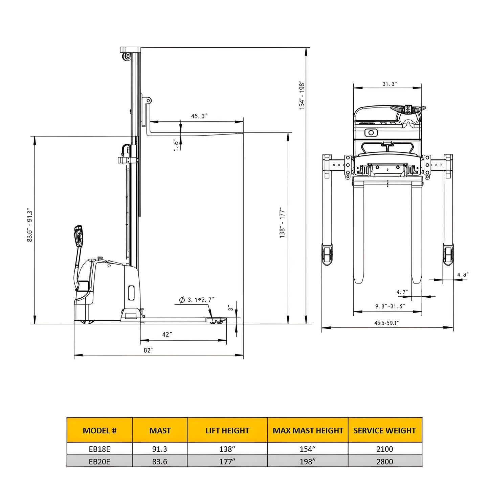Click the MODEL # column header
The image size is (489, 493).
tap(99, 430)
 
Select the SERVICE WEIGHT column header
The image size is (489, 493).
tap(385, 430)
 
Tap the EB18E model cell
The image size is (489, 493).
tap(99, 449)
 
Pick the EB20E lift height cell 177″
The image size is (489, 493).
tap(227, 462)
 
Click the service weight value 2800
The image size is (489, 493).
tap(385, 462)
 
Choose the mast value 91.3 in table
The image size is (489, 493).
tap(160, 449)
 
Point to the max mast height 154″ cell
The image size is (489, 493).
tap(308, 449)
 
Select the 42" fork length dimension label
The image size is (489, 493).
tap(167, 335)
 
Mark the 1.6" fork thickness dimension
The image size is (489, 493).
tap(176, 144)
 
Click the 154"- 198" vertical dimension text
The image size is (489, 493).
tap(302, 95)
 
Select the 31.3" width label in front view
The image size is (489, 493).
tap(390, 84)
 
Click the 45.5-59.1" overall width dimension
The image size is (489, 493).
tap(386, 323)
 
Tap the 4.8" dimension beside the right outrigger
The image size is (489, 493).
tap(463, 275)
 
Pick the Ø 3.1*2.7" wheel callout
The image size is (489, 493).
tap(197, 300)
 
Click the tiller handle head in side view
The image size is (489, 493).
tap(79, 235)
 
